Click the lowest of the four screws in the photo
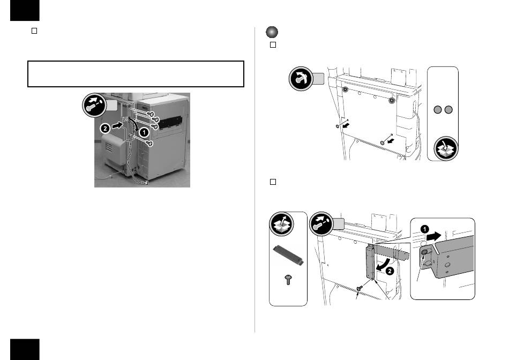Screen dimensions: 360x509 (x=150, y=144)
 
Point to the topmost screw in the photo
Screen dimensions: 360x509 (x=152, y=114)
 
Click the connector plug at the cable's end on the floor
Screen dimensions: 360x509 (x=145, y=183)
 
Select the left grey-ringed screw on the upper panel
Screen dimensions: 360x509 (x=346, y=89)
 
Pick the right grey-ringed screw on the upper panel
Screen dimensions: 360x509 (x=392, y=100)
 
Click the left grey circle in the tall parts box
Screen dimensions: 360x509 (x=438, y=111)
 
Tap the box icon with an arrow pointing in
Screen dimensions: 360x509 (x=444, y=148)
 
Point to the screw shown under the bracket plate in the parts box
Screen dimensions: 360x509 (x=288, y=280)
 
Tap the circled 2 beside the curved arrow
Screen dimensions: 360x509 (x=390, y=272)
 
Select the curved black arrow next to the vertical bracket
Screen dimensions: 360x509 (x=382, y=266)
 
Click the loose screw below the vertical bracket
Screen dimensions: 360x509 (x=360, y=288)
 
